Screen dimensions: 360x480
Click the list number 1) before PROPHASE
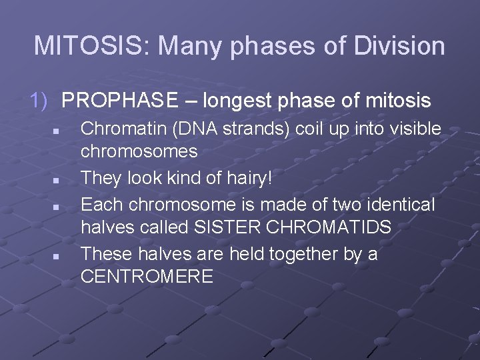coord(39,101)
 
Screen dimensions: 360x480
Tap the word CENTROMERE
coord(147,276)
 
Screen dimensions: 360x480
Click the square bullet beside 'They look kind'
coord(58,181)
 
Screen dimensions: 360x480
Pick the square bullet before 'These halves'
coord(58,256)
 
